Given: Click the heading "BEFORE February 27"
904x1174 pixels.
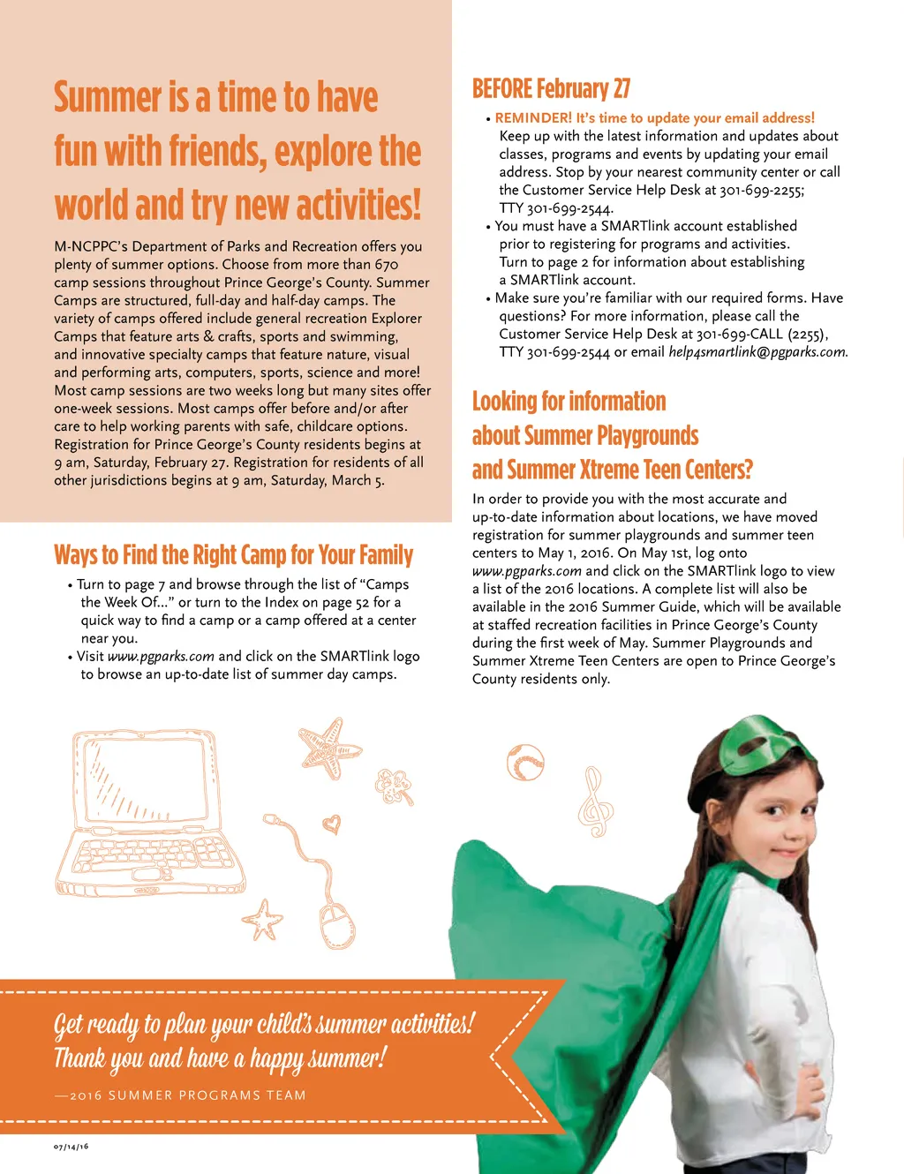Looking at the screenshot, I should click(x=551, y=89).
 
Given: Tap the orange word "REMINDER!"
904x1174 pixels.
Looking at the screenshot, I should click(x=533, y=117).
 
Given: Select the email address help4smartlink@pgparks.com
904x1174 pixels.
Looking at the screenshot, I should click(x=757, y=352).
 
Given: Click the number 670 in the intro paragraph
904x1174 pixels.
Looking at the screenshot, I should click(x=387, y=265).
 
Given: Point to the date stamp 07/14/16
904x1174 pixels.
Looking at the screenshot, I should click(x=71, y=1147).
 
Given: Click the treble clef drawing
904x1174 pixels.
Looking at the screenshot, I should click(x=594, y=802).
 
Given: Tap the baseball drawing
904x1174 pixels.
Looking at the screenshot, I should click(x=525, y=762).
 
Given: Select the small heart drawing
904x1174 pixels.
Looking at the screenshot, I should click(x=331, y=824).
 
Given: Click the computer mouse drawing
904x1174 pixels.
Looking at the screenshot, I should click(x=337, y=924).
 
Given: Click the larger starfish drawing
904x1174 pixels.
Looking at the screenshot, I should click(x=329, y=746).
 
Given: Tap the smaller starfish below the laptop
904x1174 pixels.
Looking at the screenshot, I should click(x=262, y=920).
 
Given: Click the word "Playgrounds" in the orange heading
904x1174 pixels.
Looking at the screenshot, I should click(x=647, y=436).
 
